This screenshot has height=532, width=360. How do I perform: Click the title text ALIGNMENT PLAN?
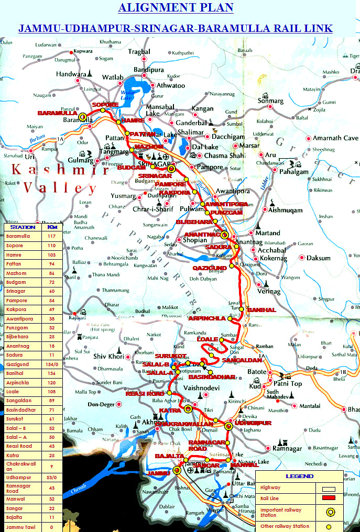(176, 7)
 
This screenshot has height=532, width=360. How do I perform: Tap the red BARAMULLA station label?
(57, 113)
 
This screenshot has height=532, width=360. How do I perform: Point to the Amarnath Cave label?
(335, 138)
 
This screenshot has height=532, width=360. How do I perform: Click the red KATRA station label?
(170, 410)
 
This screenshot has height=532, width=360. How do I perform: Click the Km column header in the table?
(52, 227)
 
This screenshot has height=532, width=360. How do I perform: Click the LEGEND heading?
(299, 476)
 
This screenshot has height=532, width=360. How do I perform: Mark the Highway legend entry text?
(270, 487)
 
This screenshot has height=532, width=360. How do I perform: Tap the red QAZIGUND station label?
(209, 268)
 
